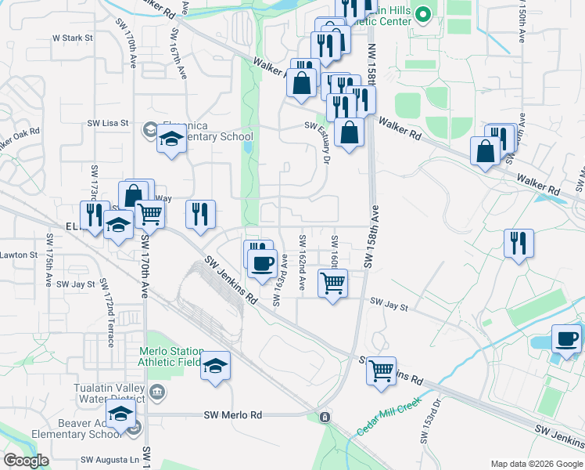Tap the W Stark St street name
(x=72, y=37)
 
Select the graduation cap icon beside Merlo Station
(x=216, y=367)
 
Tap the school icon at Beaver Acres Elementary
(x=121, y=413)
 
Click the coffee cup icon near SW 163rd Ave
(x=262, y=264)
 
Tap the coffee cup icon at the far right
(x=566, y=338)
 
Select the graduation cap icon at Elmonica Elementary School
(x=171, y=139)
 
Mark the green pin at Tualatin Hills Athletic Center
(x=423, y=14)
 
